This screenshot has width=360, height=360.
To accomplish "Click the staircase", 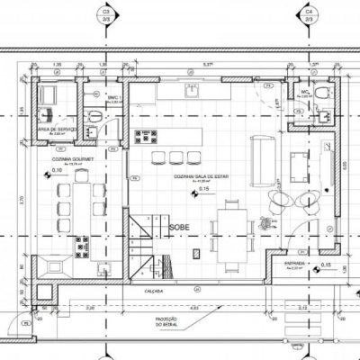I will point(144,238).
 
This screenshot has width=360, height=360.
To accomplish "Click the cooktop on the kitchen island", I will point(145,137).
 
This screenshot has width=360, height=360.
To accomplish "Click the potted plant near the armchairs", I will point(264,221).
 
